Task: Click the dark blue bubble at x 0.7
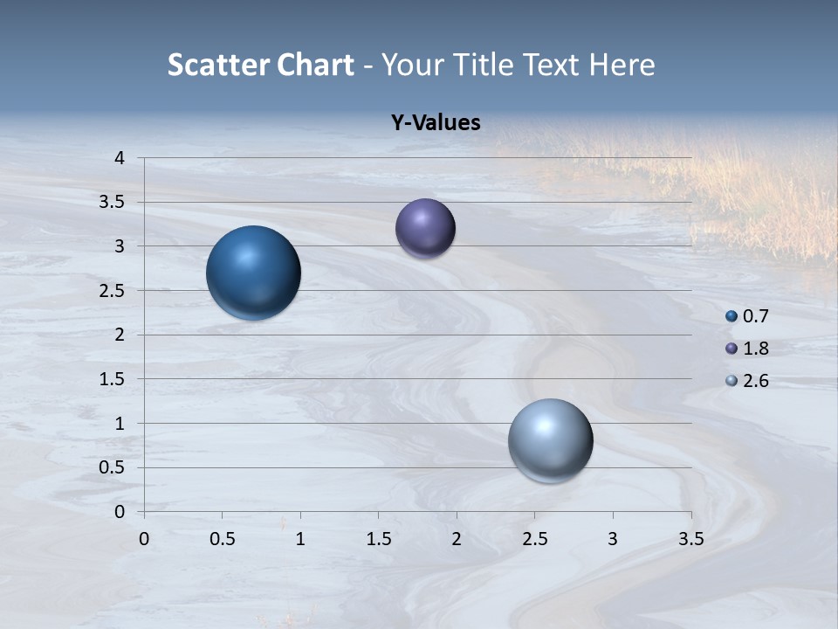253,273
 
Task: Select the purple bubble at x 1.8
425,229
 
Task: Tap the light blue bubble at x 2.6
550,440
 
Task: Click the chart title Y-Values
436,123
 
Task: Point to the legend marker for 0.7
732,316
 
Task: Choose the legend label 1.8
755,349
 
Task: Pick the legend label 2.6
755,381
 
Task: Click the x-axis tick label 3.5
690,540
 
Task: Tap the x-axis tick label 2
457,540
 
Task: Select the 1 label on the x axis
300,540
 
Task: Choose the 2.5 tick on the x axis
534,540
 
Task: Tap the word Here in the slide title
622,65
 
